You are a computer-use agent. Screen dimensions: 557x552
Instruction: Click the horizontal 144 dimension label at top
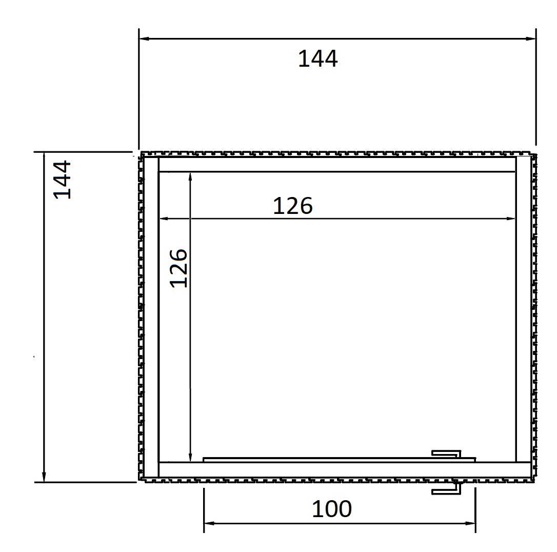[x=318, y=59]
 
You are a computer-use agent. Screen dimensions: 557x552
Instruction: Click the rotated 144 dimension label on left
[x=62, y=180]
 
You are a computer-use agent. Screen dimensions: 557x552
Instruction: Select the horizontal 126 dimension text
[x=293, y=206]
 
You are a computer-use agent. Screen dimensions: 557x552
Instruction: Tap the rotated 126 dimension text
[x=178, y=268]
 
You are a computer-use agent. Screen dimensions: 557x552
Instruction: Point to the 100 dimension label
[x=332, y=509]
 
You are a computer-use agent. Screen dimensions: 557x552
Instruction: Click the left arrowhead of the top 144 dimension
[x=144, y=38]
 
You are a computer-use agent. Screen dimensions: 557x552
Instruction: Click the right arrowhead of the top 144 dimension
[x=531, y=38]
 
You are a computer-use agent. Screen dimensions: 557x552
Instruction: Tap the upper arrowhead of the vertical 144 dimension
[x=44, y=157]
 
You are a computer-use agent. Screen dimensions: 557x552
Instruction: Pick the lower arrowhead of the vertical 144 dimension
[x=44, y=477]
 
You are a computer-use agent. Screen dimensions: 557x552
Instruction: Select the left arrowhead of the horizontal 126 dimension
[x=164, y=219]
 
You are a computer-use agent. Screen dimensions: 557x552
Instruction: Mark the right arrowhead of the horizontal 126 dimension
[x=510, y=219]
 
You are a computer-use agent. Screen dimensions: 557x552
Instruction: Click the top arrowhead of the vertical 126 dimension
[x=190, y=178]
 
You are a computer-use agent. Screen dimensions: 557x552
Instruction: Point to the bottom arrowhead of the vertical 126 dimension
[x=190, y=457]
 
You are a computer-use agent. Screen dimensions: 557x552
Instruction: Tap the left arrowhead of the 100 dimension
[x=209, y=523]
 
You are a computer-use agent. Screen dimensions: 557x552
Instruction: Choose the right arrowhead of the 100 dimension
[x=470, y=523]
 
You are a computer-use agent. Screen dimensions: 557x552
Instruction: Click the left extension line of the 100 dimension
[x=204, y=510]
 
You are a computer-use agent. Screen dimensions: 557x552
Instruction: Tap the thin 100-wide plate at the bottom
[x=339, y=460]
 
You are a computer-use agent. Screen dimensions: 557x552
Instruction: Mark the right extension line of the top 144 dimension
[x=536, y=87]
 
